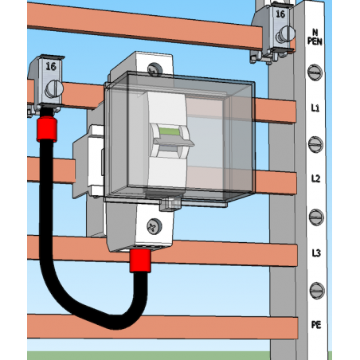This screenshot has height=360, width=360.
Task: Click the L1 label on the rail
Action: tap(315, 108)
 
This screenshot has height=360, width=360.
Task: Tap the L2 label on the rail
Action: tap(315, 178)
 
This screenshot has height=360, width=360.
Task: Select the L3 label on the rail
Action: tap(316, 253)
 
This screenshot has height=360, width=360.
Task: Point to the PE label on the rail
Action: tap(316, 324)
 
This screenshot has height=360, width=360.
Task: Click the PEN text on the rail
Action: tap(315, 41)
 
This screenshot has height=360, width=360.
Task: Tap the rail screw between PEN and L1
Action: tap(315, 72)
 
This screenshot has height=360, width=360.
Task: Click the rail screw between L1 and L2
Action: tap(315, 144)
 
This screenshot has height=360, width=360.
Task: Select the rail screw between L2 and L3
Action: tap(316, 217)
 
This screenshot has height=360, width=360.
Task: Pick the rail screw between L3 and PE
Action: tap(317, 291)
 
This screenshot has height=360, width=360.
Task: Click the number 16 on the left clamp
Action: tap(51, 66)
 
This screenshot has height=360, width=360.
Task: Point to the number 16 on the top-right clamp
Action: tap(280, 14)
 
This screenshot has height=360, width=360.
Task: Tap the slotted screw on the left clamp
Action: tap(54, 89)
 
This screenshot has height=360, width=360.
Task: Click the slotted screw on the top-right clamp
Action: tap(285, 34)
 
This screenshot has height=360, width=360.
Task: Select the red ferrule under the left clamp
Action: tap(47, 130)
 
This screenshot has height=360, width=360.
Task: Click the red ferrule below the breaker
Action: tap(140, 261)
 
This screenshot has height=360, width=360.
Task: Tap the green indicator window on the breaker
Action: tap(169, 131)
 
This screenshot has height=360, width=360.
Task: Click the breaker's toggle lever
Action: tap(174, 143)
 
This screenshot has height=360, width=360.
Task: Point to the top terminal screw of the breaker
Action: tap(155, 69)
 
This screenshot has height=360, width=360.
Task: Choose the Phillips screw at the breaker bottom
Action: tap(155, 226)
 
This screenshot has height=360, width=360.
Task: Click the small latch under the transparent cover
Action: tap(170, 204)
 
